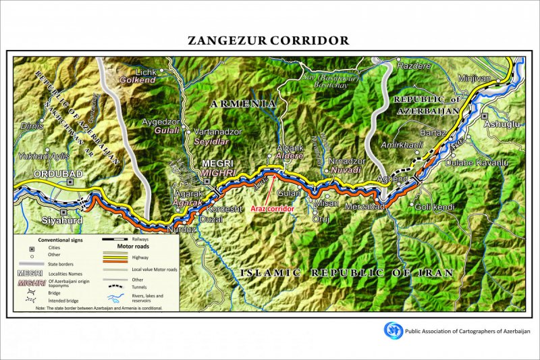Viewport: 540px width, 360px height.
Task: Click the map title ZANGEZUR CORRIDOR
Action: (x=269, y=41)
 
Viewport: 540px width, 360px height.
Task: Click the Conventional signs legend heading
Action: (x=61, y=240)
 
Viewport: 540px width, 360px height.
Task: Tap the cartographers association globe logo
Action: (x=393, y=330)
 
